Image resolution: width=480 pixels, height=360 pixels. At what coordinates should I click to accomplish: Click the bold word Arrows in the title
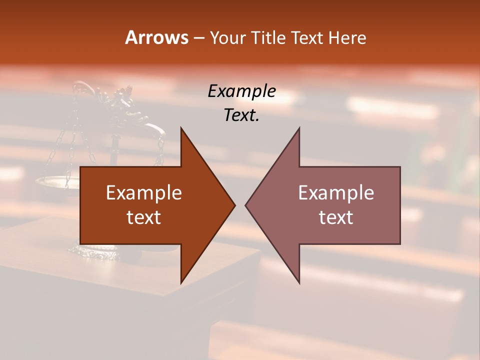[x=156, y=37]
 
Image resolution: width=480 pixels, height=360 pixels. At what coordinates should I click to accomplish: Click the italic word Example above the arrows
[x=242, y=91]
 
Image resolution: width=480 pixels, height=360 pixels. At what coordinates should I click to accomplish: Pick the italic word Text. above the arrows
[x=242, y=115]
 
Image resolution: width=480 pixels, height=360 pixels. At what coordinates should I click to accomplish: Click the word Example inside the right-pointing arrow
[x=144, y=193]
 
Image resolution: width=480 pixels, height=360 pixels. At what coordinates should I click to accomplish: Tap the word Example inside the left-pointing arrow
[x=336, y=193]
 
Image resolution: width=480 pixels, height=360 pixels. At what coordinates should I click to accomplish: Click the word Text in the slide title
[x=307, y=38]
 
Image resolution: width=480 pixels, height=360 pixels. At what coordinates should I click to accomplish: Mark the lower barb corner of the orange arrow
[x=181, y=282]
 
